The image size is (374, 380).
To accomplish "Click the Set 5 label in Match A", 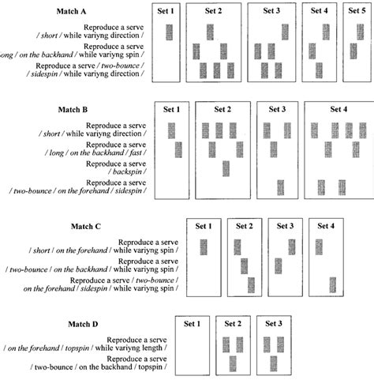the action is tap(354, 11).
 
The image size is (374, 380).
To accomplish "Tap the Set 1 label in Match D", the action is tap(193, 324).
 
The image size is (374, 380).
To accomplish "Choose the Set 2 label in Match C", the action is tap(244, 226).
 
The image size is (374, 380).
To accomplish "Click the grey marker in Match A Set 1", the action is tap(169, 32).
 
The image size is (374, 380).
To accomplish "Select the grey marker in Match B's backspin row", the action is tap(226, 168).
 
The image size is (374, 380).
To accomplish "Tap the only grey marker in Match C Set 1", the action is tap(204, 247).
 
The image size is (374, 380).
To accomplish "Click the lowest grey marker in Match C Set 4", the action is tap(333, 285).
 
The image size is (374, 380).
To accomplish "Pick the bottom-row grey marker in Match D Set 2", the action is tap(233, 364).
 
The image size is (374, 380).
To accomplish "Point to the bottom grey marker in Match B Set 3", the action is tap(280, 187).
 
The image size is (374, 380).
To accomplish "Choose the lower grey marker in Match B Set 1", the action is tap(178, 149).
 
